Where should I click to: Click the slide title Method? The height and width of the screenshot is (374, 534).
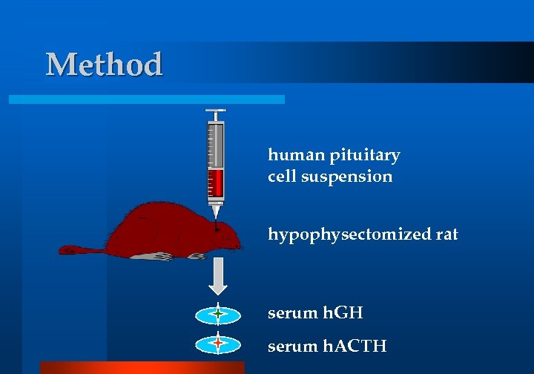[104, 65]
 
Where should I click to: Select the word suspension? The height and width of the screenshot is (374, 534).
[347, 177]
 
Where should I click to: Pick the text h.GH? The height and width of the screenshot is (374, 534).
[343, 313]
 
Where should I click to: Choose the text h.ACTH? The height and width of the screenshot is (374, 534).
[355, 345]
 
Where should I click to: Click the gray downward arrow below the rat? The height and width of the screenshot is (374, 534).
[217, 276]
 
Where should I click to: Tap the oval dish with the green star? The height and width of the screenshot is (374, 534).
[217, 315]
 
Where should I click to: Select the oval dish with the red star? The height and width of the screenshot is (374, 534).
[217, 344]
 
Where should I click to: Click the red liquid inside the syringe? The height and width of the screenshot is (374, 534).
[216, 181]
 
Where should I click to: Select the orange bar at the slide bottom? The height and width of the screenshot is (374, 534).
[142, 367]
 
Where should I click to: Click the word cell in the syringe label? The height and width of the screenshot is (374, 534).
[282, 177]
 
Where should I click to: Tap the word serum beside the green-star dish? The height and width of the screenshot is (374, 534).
[293, 313]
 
